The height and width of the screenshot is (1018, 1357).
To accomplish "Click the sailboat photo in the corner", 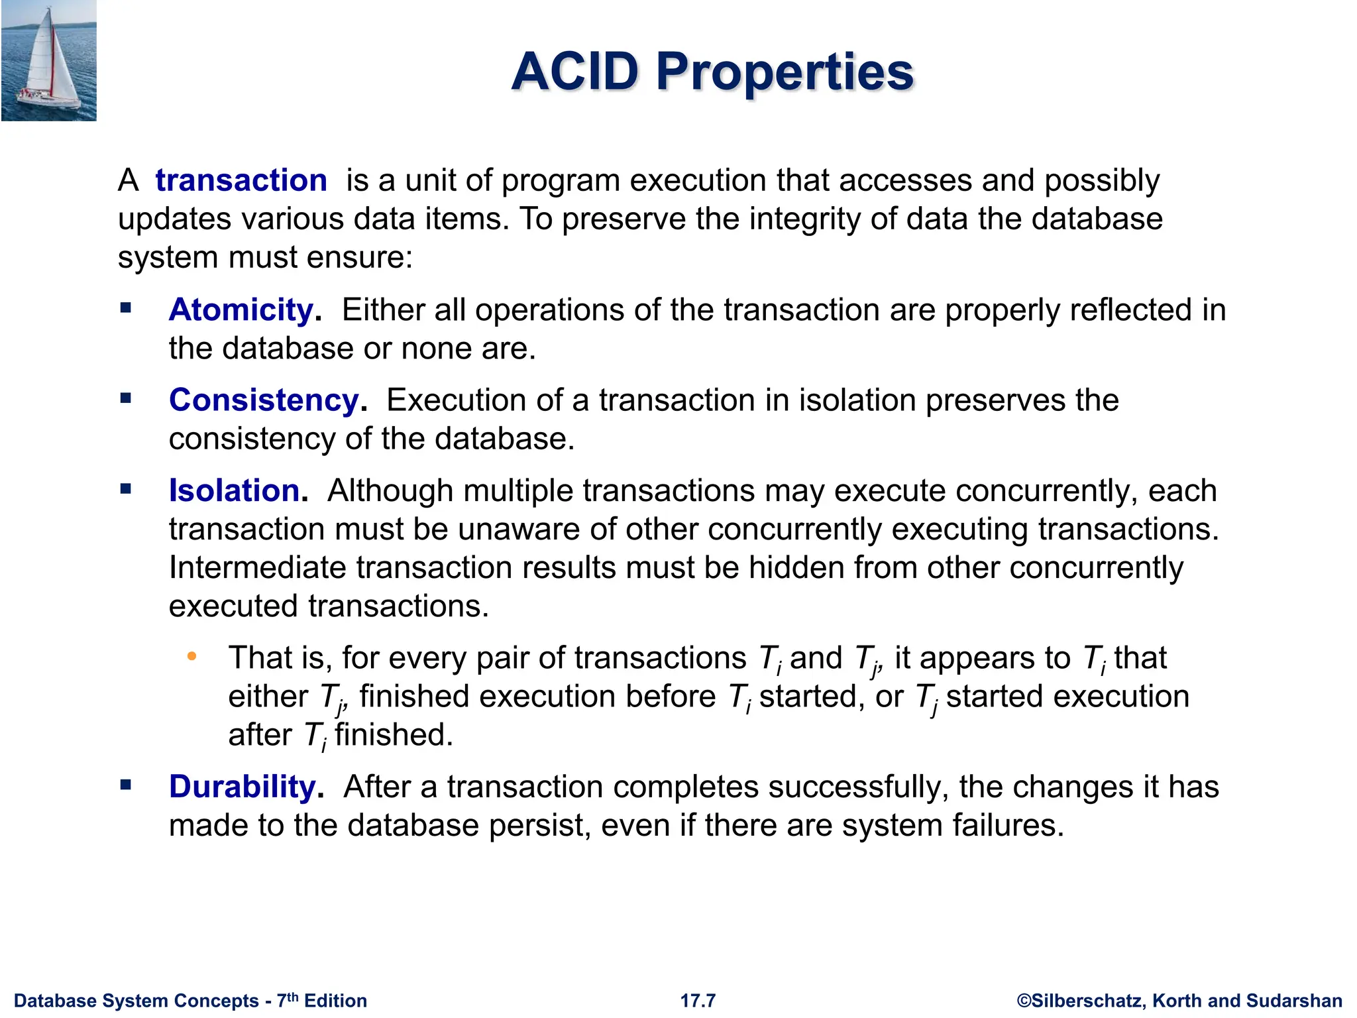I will [48, 60].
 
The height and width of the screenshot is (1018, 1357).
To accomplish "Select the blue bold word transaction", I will [241, 181].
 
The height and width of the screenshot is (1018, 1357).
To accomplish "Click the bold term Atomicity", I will [241, 310].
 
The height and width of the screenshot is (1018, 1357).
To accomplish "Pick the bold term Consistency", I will [264, 400].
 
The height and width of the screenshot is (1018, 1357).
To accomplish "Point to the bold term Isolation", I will [235, 491].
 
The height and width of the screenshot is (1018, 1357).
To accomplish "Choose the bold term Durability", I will [243, 787].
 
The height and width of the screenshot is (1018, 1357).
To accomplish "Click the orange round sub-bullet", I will [192, 657].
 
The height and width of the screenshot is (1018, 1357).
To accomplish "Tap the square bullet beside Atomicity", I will [126, 308].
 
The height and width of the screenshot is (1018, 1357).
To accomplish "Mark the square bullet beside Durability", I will [126, 785].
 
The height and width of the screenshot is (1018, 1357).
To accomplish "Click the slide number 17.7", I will [698, 1001].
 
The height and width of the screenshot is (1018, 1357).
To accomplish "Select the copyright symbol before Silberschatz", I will [1024, 1001].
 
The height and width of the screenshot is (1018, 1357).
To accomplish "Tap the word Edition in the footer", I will [335, 1001].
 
